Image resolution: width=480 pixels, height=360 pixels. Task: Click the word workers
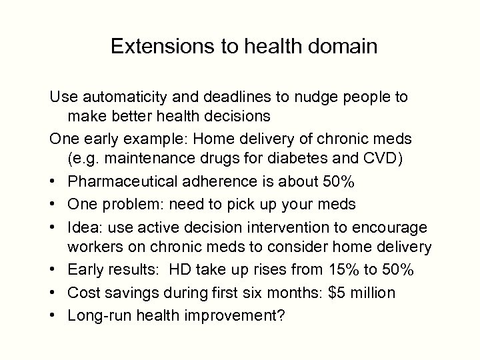[x=93, y=248]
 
